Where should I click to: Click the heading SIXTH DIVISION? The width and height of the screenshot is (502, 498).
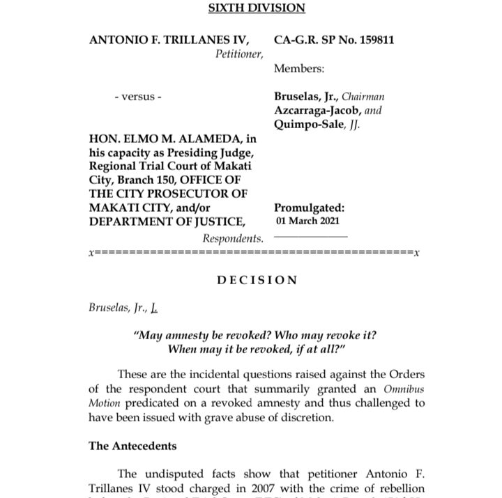[257, 8]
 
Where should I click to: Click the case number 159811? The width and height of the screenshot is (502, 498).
[374, 40]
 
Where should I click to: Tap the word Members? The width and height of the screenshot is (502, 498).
[299, 68]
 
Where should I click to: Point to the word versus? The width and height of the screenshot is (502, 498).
[138, 97]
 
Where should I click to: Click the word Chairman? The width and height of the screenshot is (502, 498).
[361, 97]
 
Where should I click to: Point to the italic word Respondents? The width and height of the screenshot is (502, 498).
[233, 238]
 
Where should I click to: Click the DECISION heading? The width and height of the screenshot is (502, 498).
[257, 280]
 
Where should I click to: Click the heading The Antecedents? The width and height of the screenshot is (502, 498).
[132, 446]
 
